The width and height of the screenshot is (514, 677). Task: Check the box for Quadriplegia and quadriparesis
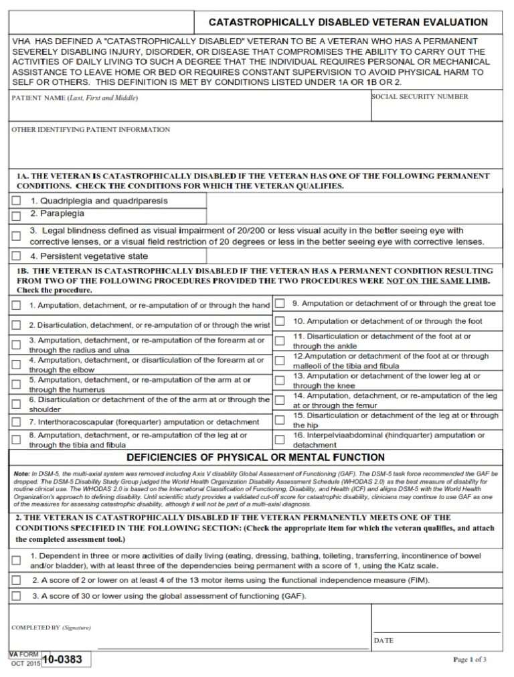(x=16, y=201)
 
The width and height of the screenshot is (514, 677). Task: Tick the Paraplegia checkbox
(x=16, y=215)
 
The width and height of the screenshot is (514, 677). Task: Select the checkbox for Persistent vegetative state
(x=16, y=256)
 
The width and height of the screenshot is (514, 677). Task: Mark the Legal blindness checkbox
(x=16, y=235)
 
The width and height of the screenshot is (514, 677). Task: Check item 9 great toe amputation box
(x=280, y=304)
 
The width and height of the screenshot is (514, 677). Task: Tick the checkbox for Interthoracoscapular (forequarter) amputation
(x=16, y=423)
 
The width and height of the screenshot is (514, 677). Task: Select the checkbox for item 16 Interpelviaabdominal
(x=280, y=440)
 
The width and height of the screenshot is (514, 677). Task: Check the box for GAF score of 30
(x=16, y=595)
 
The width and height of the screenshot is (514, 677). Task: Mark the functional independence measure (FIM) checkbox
(x=16, y=579)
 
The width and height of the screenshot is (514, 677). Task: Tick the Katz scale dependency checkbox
(x=16, y=560)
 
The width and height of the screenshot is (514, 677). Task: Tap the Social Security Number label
(x=420, y=97)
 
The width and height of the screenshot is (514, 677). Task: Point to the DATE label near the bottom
(x=383, y=640)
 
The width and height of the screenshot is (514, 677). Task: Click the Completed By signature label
(x=51, y=627)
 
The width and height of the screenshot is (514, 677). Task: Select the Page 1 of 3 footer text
(x=470, y=660)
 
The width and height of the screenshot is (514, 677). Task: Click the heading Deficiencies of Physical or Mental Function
(x=256, y=458)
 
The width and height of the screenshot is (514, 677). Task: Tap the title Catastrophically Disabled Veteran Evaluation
(x=349, y=22)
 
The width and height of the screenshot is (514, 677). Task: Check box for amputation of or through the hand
(x=16, y=306)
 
